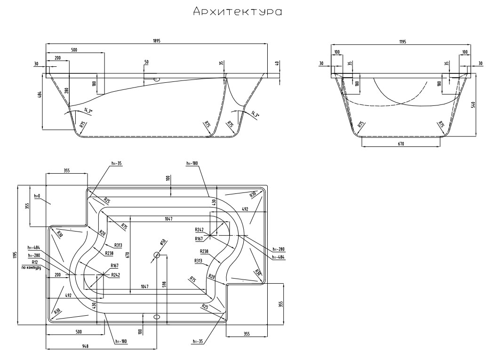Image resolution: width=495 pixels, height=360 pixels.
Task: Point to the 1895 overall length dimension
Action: (157, 41)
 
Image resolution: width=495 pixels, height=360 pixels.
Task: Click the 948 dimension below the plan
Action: (85, 345)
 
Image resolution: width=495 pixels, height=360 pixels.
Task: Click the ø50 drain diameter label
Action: (162, 243)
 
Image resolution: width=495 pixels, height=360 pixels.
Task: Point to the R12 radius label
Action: (34, 262)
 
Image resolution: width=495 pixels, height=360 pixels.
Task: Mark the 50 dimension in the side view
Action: (146, 62)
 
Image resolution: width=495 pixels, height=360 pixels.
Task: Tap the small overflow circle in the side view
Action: (158, 79)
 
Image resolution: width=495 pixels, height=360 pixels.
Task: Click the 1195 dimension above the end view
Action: (401, 41)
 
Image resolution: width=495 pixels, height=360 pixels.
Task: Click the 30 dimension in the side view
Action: (36, 64)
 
